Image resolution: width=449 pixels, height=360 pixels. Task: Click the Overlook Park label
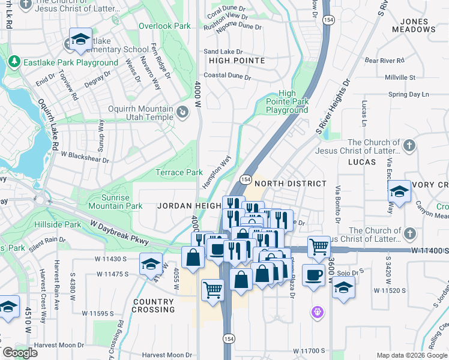coord(164,26)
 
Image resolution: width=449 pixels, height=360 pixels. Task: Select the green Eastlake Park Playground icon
coord(14,62)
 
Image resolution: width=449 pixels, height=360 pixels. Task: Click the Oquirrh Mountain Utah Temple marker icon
coord(182,112)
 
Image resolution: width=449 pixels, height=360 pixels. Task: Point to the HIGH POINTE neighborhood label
coord(237,61)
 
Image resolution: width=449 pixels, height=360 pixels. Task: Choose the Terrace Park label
coord(179,172)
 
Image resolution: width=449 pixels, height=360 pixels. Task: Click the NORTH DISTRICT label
coord(291,184)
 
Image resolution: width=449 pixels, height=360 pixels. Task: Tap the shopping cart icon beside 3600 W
coord(319,245)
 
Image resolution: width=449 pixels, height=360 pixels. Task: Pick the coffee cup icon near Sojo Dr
coord(313,275)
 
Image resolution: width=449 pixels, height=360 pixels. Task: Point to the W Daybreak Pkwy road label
coord(119,233)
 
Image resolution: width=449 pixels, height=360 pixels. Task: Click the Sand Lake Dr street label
coord(223,52)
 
